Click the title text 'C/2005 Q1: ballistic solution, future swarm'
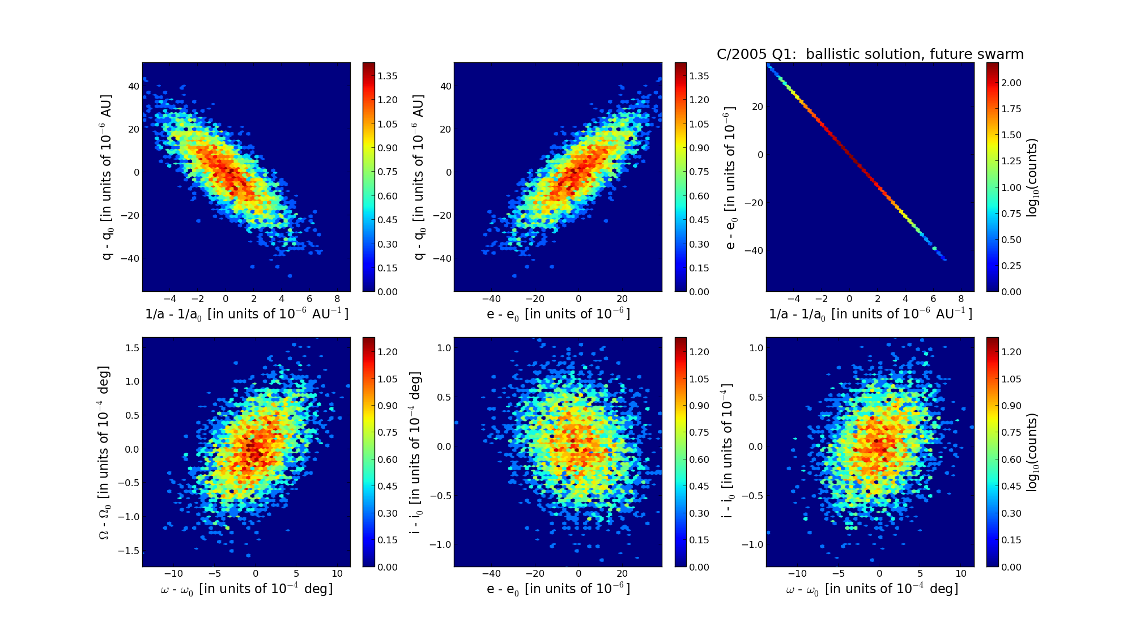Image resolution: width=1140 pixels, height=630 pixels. pos(870,54)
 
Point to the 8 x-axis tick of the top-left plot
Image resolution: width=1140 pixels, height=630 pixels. pos(337,299)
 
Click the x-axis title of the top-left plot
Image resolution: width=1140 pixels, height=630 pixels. pos(246,314)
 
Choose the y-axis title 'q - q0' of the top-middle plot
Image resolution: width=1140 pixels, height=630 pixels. pos(419,177)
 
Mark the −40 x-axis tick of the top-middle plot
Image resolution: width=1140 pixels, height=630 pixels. pos(491,299)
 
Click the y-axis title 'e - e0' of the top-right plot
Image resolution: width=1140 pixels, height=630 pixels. pos(730,177)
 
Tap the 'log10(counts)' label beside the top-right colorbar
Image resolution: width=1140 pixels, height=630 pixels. pos(1032,177)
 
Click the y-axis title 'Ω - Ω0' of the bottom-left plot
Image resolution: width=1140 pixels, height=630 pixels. pos(104,452)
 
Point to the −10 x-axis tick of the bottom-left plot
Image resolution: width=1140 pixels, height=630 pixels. pos(173,573)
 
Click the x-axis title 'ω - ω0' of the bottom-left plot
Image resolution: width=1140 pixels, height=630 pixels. pos(246,589)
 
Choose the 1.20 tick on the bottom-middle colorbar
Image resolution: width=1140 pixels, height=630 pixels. pos(699,352)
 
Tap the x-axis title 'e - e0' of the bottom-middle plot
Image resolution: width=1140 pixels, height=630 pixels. pos(558,589)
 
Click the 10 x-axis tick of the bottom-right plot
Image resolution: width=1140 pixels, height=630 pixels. pos(961,573)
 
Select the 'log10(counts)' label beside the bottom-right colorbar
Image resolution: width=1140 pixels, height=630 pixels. pos(1032,452)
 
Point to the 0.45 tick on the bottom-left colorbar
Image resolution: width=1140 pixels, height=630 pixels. pos(387,486)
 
